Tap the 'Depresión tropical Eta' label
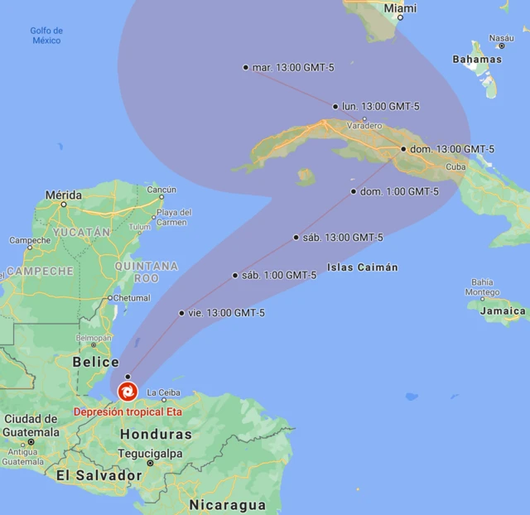[128, 412]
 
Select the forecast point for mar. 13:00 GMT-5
[246, 67]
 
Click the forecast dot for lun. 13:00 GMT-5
[335, 106]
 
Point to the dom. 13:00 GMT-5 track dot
[403, 149]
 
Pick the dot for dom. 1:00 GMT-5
[354, 191]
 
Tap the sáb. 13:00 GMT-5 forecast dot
[296, 238]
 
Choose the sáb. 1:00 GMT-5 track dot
[235, 276]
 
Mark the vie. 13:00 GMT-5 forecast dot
[181, 313]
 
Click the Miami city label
[401, 8]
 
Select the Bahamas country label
[477, 60]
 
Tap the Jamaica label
[503, 311]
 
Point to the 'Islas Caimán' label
[363, 267]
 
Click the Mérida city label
[63, 195]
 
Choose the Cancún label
[161, 190]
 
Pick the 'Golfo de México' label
[46, 36]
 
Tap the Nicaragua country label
[227, 504]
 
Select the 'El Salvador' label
[99, 475]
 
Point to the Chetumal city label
[131, 297]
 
